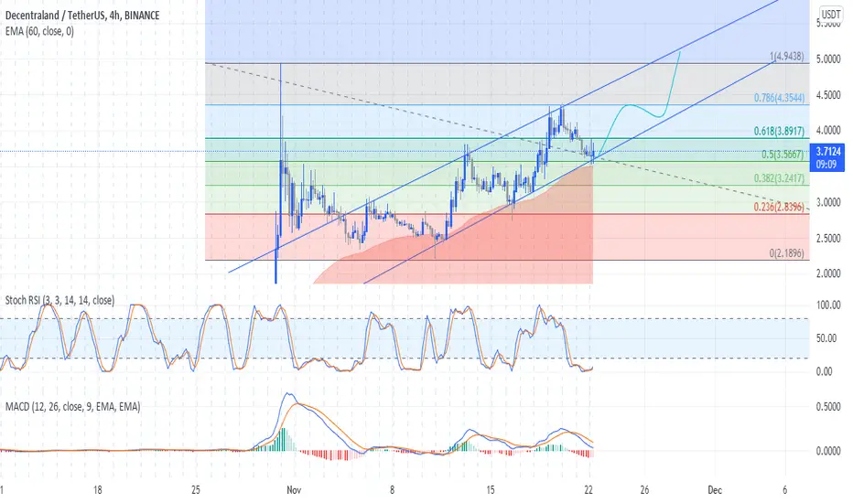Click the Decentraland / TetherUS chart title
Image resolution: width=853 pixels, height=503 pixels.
tap(82, 16)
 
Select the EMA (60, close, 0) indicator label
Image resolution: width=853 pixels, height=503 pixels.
tap(39, 31)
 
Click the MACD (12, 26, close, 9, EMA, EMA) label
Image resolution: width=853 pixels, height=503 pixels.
tap(73, 406)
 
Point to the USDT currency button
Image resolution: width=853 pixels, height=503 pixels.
tap(831, 14)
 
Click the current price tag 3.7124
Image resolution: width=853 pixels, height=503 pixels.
tap(826, 151)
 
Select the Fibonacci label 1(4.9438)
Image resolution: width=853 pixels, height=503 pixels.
tap(786, 56)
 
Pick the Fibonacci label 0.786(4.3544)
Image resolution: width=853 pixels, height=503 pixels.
tap(779, 98)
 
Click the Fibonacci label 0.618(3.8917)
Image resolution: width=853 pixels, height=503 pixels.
tap(779, 131)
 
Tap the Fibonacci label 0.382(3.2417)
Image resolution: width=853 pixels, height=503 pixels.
tap(779, 178)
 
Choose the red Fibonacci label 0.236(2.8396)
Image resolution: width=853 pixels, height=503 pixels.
tap(779, 207)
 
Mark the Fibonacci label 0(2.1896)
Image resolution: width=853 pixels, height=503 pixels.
tap(786, 252)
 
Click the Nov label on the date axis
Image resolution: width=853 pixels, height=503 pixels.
tap(294, 490)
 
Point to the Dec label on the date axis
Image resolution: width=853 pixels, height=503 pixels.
tap(715, 490)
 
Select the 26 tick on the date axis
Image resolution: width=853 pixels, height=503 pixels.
tap(644, 490)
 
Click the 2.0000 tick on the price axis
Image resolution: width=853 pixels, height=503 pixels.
tap(828, 273)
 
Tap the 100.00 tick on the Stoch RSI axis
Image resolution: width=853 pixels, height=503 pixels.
tap(828, 305)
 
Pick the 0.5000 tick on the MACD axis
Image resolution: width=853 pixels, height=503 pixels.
tap(828, 407)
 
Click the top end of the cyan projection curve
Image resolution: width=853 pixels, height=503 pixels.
tap(680, 50)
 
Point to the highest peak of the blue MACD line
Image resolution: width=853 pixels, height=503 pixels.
tap(289, 393)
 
